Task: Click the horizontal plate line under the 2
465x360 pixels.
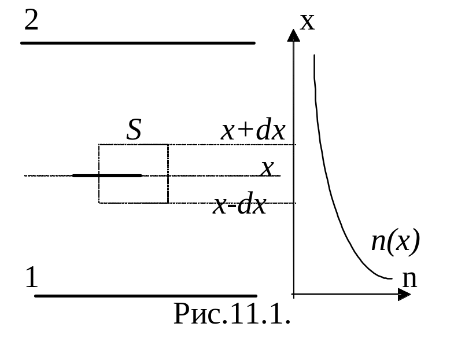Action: click(138, 43)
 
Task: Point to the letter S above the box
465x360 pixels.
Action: click(134, 130)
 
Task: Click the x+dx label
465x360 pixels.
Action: click(253, 132)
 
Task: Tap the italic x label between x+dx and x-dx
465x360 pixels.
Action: click(267, 169)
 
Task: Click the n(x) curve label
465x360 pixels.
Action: click(394, 241)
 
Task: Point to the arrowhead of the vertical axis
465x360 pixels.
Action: click(294, 35)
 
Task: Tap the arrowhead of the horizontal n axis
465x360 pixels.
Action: click(404, 295)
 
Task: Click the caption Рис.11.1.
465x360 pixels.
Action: click(231, 314)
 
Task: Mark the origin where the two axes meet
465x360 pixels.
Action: click(294, 295)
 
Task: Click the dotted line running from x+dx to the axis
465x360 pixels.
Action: click(231, 144)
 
